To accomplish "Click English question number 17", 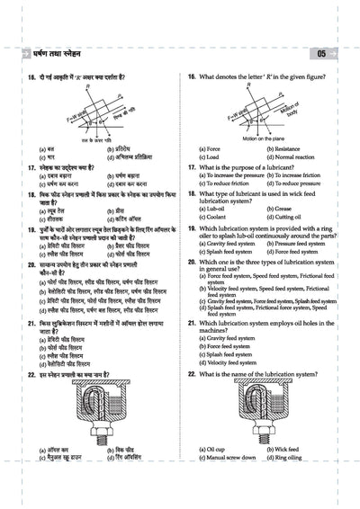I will point(193,167).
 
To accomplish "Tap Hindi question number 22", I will point(31,372).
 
